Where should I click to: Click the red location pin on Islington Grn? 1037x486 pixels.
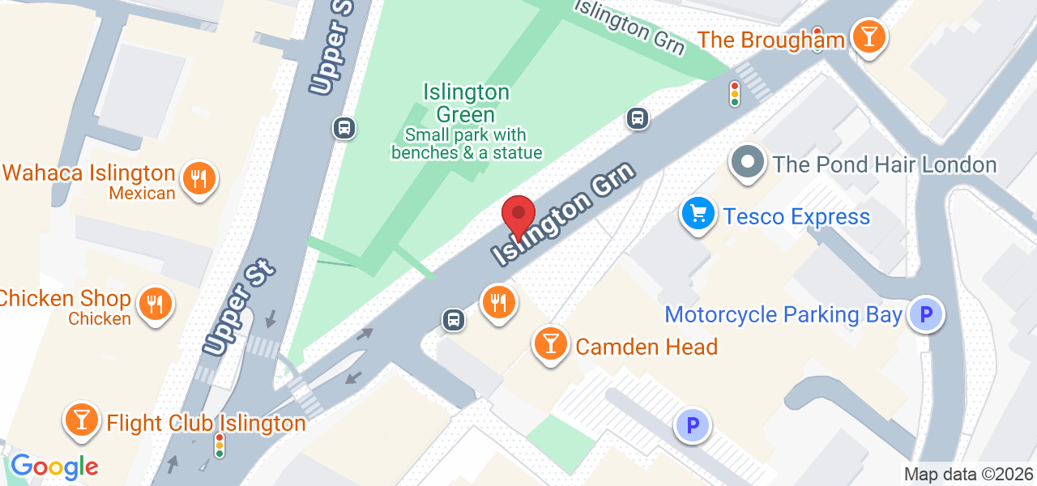click(x=518, y=215)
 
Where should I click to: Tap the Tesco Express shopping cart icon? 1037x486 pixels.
click(x=697, y=215)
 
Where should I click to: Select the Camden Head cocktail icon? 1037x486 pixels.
click(x=551, y=343)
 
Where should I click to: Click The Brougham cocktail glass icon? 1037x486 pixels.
click(x=868, y=36)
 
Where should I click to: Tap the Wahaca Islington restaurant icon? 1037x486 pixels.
click(x=198, y=177)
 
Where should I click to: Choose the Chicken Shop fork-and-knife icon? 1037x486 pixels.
click(x=154, y=303)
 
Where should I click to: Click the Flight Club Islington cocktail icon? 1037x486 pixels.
click(x=81, y=419)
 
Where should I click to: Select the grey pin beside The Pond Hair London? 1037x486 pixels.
click(x=747, y=163)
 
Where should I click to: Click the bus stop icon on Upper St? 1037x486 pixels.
click(x=344, y=127)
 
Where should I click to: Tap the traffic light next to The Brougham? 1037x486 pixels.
click(x=735, y=93)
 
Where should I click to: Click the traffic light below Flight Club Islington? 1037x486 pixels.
click(x=219, y=445)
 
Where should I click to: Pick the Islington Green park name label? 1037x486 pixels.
click(x=466, y=103)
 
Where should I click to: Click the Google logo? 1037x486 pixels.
click(x=54, y=467)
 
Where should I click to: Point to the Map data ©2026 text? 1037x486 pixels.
click(x=969, y=475)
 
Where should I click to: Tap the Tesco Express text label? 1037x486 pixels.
click(x=796, y=217)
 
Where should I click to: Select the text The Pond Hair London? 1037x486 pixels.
click(x=884, y=164)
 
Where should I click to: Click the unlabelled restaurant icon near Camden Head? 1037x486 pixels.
click(x=498, y=302)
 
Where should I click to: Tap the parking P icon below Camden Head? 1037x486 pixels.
click(x=693, y=424)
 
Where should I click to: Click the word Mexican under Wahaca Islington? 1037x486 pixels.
click(x=142, y=194)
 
